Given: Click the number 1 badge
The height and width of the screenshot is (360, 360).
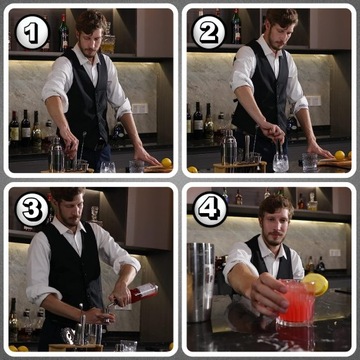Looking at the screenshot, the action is (33, 32).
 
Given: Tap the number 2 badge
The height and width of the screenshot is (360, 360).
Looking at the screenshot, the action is (209, 32).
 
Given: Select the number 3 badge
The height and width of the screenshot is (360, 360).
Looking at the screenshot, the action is (33, 210).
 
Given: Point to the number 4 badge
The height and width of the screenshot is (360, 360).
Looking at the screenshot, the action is (210, 209).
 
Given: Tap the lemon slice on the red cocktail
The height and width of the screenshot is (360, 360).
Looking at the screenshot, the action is (315, 284).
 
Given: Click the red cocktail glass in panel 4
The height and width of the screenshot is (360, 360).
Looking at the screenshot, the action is (296, 303).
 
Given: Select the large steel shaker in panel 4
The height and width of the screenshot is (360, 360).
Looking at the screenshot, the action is (201, 283).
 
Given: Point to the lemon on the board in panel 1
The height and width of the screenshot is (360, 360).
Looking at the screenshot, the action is (166, 163).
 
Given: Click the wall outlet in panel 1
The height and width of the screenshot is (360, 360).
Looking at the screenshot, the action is (140, 108).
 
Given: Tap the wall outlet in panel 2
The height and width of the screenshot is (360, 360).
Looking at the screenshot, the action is (314, 101).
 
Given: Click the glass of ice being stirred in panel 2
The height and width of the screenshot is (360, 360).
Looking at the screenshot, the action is (280, 162).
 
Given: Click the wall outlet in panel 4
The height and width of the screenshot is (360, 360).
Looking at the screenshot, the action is (335, 253).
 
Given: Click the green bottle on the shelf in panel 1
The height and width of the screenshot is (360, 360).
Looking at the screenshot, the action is (64, 32).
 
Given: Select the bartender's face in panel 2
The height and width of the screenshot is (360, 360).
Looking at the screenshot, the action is (276, 32).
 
